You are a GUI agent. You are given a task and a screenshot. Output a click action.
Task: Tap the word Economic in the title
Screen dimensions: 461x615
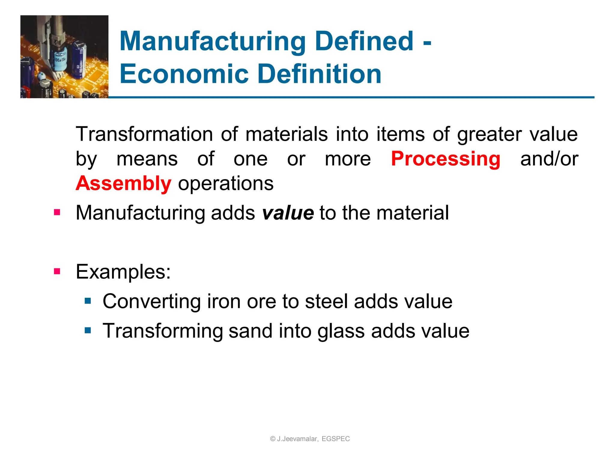184,74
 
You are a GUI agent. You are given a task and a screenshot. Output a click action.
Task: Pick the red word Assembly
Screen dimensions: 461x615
123,183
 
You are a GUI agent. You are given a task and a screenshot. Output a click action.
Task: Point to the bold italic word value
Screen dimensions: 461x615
288,213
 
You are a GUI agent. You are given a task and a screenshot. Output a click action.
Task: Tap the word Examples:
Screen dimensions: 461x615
123,272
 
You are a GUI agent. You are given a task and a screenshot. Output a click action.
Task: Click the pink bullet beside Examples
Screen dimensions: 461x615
57,272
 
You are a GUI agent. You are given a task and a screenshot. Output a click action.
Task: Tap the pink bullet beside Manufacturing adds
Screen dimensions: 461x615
57,212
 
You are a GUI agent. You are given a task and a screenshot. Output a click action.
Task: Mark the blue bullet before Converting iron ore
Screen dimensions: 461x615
88,301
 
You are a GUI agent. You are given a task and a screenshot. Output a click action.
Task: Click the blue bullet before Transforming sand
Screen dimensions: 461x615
88,330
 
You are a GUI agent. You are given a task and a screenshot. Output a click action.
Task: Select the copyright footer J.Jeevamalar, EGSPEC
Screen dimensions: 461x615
310,439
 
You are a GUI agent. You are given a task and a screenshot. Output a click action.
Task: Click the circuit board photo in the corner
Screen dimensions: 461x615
64,57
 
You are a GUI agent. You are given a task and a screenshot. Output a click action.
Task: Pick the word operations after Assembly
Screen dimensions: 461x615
226,183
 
